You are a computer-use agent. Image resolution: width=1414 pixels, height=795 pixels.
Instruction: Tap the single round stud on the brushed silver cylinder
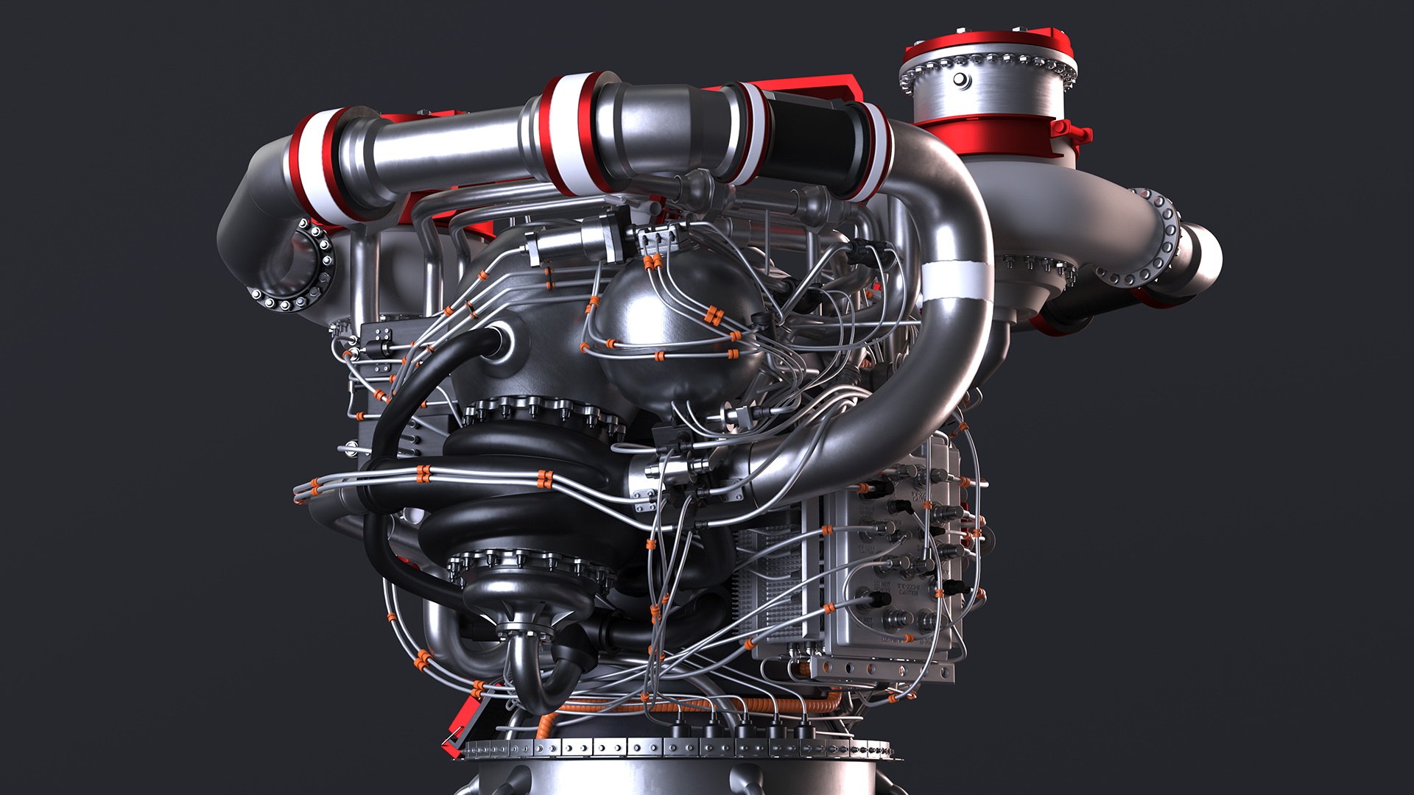click(960, 79)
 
